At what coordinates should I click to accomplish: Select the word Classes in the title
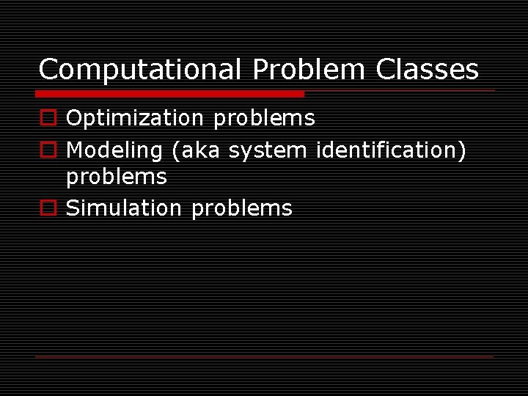(427, 70)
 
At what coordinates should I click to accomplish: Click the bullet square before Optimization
(48, 118)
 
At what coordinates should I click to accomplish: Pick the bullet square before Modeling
(48, 150)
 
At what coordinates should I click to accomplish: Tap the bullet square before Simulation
(48, 208)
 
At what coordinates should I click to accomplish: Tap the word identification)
(391, 150)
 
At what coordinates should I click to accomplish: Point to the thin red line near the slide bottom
(264, 356)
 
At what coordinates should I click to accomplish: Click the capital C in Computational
(48, 70)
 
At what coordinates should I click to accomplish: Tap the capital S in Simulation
(73, 208)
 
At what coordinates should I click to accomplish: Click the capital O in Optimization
(74, 118)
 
